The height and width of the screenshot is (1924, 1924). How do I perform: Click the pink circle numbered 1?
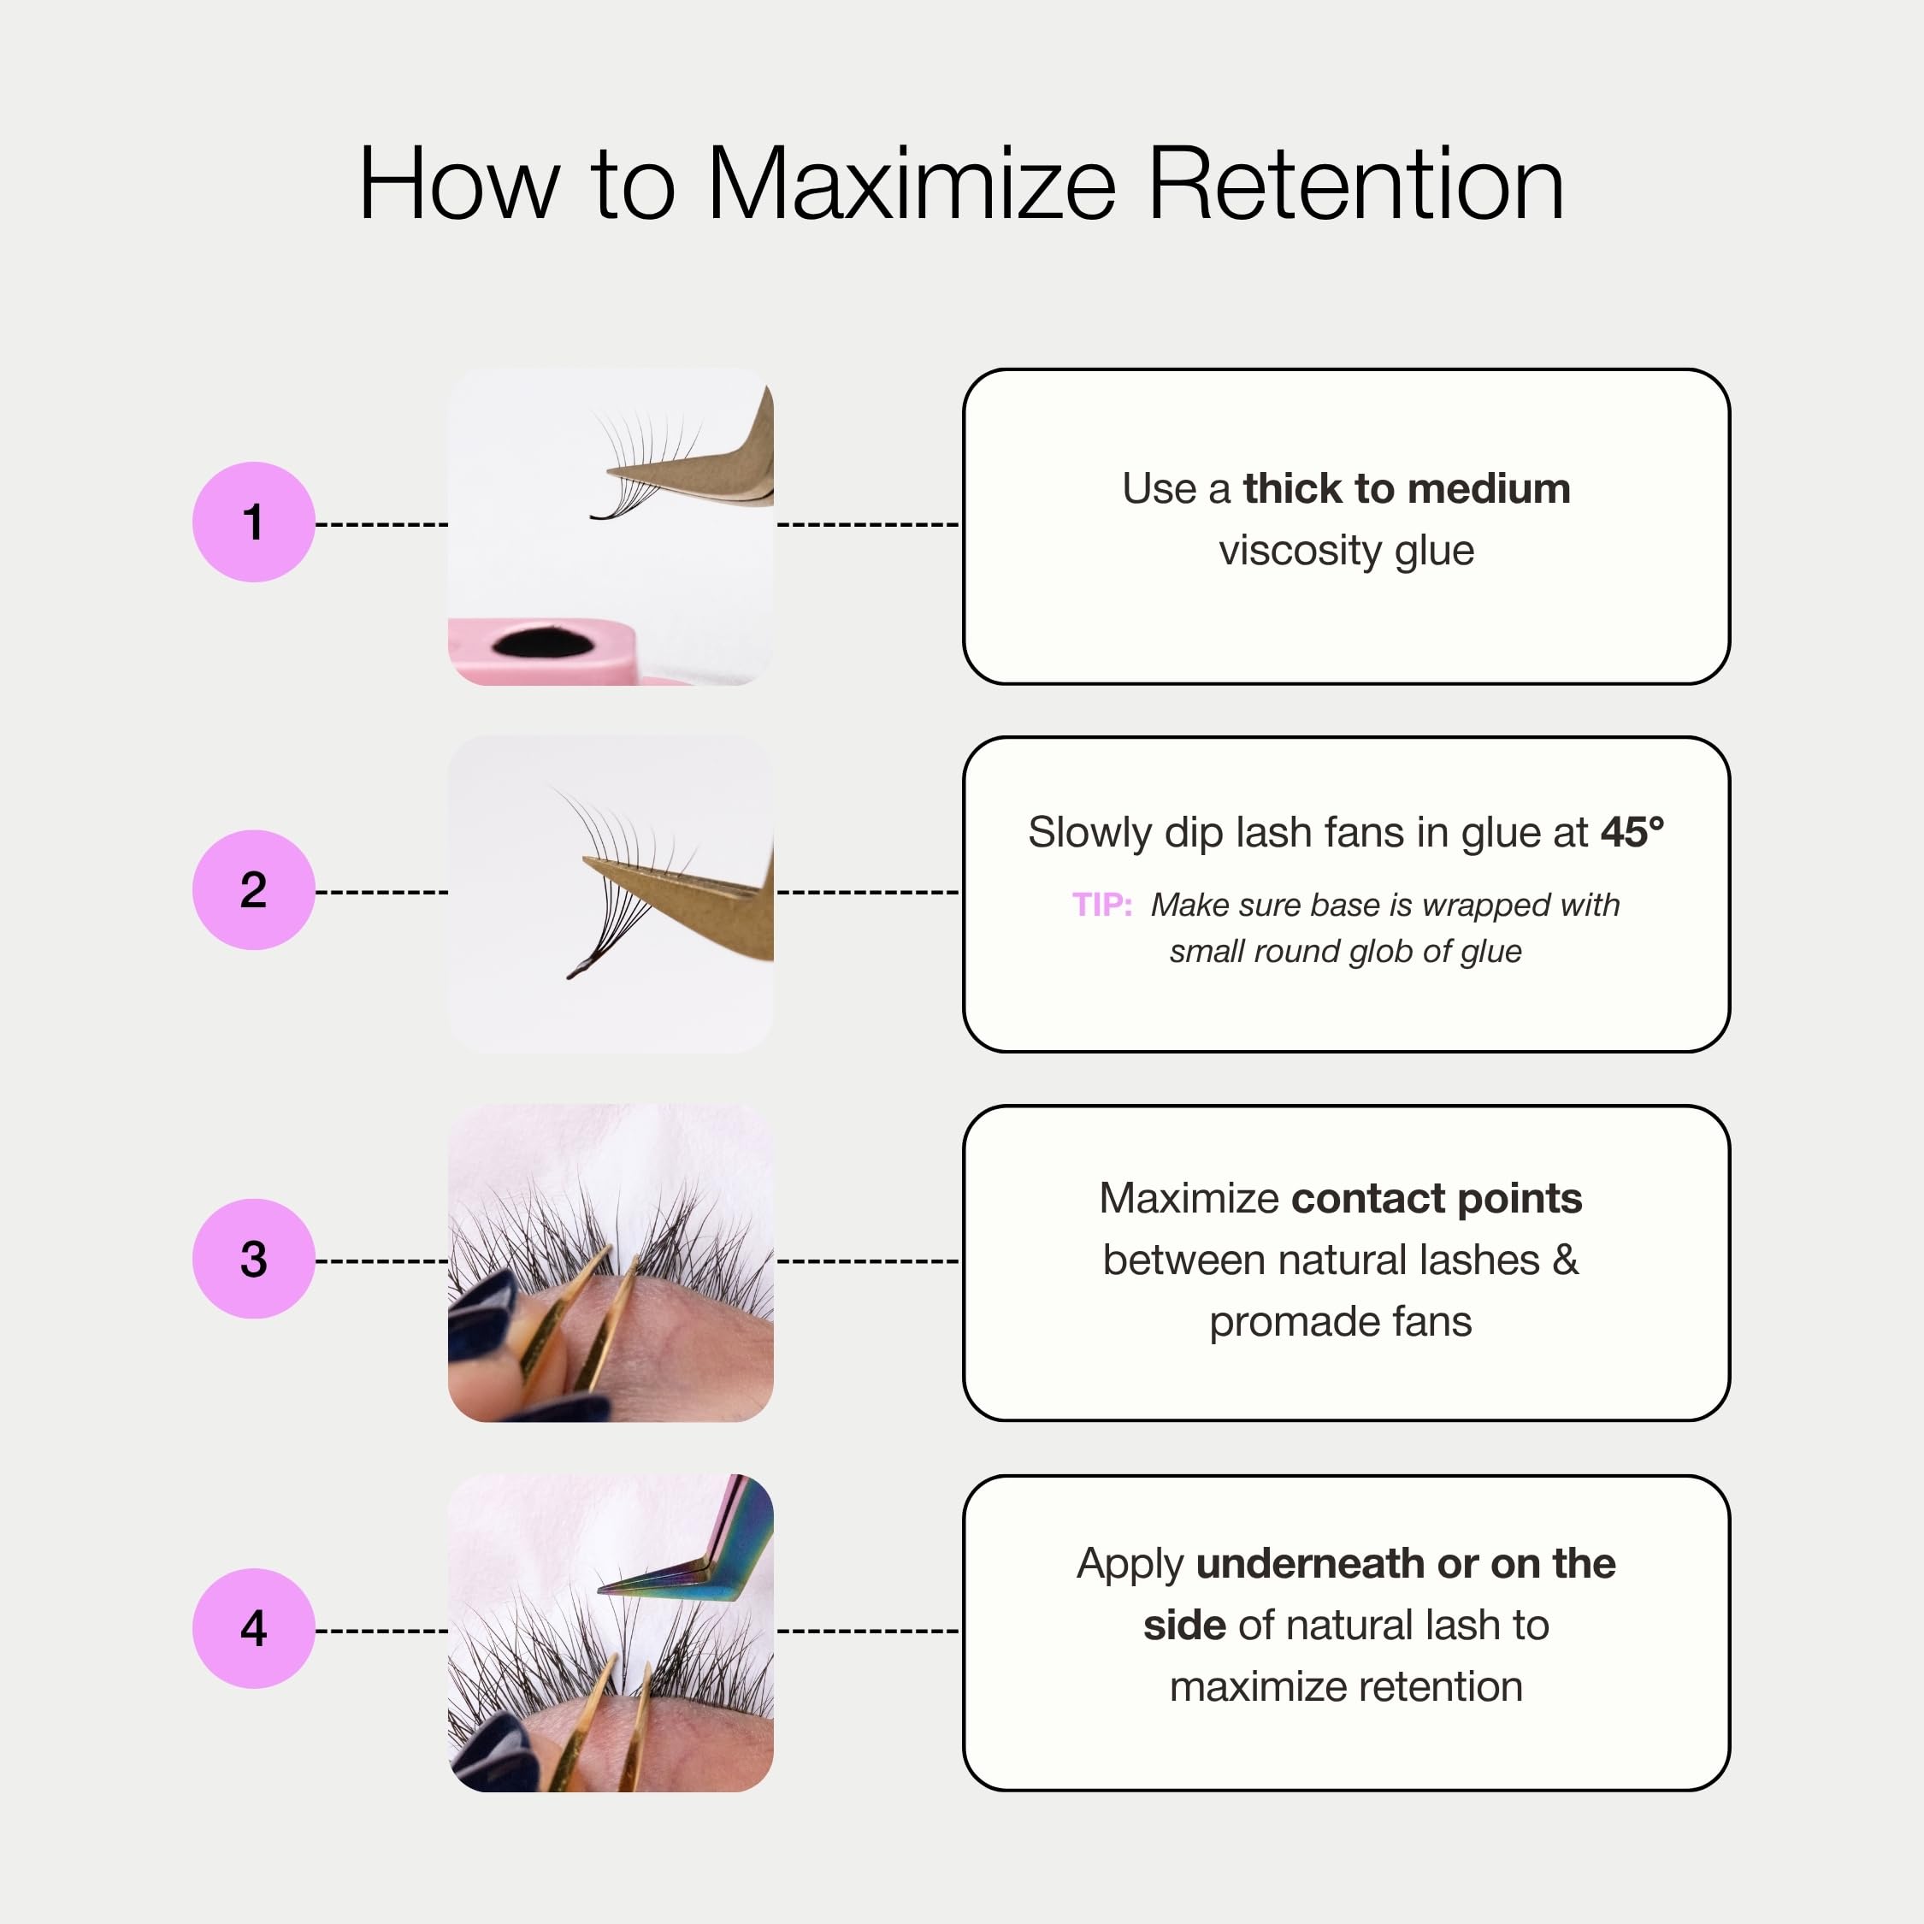(x=253, y=522)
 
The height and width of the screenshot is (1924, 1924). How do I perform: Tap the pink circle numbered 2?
(x=253, y=889)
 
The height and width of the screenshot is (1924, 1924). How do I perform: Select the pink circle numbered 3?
(x=253, y=1259)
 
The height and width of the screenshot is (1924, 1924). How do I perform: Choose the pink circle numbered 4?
(x=253, y=1628)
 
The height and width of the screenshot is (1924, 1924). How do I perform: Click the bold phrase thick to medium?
(x=1406, y=489)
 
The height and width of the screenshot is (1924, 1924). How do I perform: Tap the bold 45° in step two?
(x=1632, y=831)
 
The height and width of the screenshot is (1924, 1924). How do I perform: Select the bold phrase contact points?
(x=1436, y=1199)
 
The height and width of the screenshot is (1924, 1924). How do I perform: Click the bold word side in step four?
(x=1184, y=1626)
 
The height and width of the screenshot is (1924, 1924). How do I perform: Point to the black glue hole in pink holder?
(x=543, y=642)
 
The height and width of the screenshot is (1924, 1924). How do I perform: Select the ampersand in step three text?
(x=1566, y=1260)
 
